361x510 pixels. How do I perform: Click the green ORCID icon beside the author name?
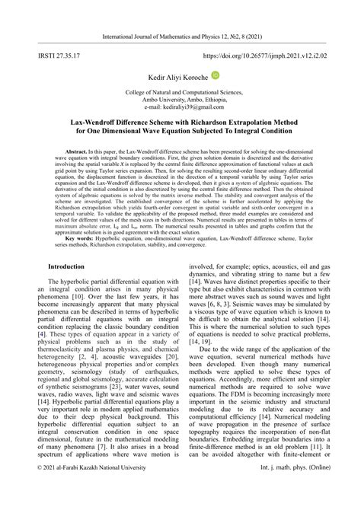click(x=216, y=75)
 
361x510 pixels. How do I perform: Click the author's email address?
click(x=180, y=107)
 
